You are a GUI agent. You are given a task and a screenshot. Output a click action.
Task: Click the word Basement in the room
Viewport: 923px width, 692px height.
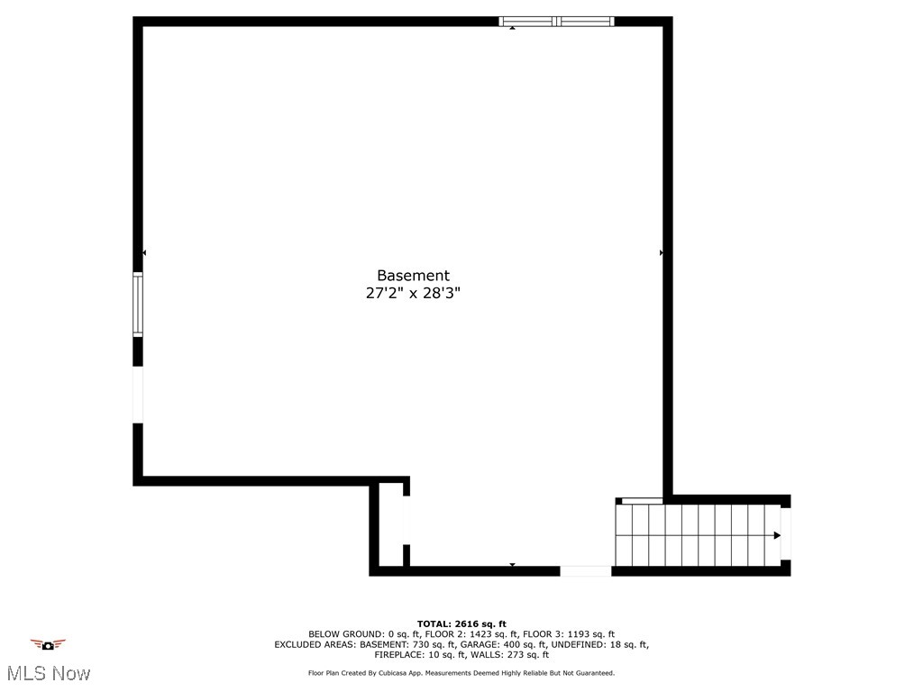click(413, 276)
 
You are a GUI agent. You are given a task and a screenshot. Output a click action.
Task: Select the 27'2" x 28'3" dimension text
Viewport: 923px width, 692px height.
click(413, 293)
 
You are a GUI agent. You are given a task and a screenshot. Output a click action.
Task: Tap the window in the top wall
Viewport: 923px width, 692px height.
click(557, 21)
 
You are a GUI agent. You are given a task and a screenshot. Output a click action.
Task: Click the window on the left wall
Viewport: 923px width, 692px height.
click(138, 304)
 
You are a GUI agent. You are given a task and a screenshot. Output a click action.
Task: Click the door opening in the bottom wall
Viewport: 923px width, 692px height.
click(585, 571)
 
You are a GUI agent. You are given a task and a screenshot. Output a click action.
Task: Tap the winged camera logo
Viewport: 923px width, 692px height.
click(48, 644)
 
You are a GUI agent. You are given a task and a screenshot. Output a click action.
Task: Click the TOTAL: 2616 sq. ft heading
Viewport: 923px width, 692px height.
click(461, 624)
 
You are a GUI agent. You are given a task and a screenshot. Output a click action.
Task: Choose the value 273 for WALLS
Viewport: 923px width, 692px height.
click(518, 655)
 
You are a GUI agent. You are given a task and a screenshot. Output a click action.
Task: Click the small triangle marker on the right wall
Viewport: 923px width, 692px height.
click(662, 253)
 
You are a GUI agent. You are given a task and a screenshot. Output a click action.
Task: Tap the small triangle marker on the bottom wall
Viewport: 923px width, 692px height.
click(512, 565)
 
